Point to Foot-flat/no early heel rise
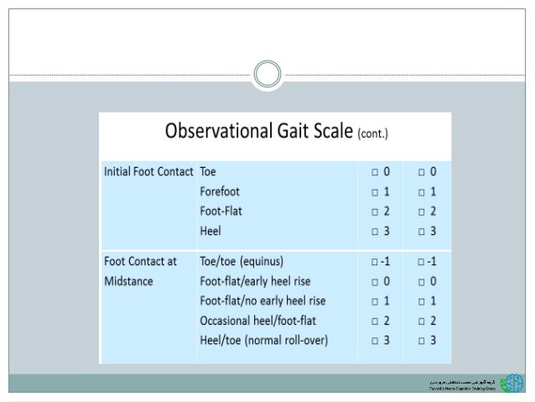pyautogui.click(x=263, y=300)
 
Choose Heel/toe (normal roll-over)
pyautogui.click(x=263, y=339)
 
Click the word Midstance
pyautogui.click(x=128, y=281)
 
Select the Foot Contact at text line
pyautogui.click(x=140, y=262)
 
